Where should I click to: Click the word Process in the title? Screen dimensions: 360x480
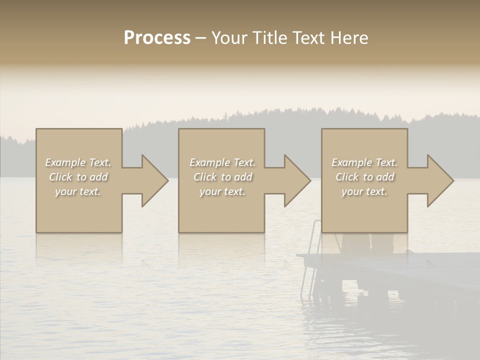click(157, 38)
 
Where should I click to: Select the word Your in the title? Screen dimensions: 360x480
click(229, 38)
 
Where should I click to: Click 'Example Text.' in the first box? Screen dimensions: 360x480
click(78, 162)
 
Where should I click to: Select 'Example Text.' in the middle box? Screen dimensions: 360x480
click(222, 162)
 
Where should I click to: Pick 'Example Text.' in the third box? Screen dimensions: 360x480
click(364, 162)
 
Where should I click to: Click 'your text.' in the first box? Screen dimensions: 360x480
click(78, 191)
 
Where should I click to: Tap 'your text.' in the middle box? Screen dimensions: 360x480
click(222, 191)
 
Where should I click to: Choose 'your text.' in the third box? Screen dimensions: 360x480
click(364, 191)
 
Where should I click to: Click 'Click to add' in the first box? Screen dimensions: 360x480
click(78, 177)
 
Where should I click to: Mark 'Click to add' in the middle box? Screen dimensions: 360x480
click(222, 177)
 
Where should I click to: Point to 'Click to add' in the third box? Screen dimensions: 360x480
click(364, 177)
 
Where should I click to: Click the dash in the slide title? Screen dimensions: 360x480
click(200, 38)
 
